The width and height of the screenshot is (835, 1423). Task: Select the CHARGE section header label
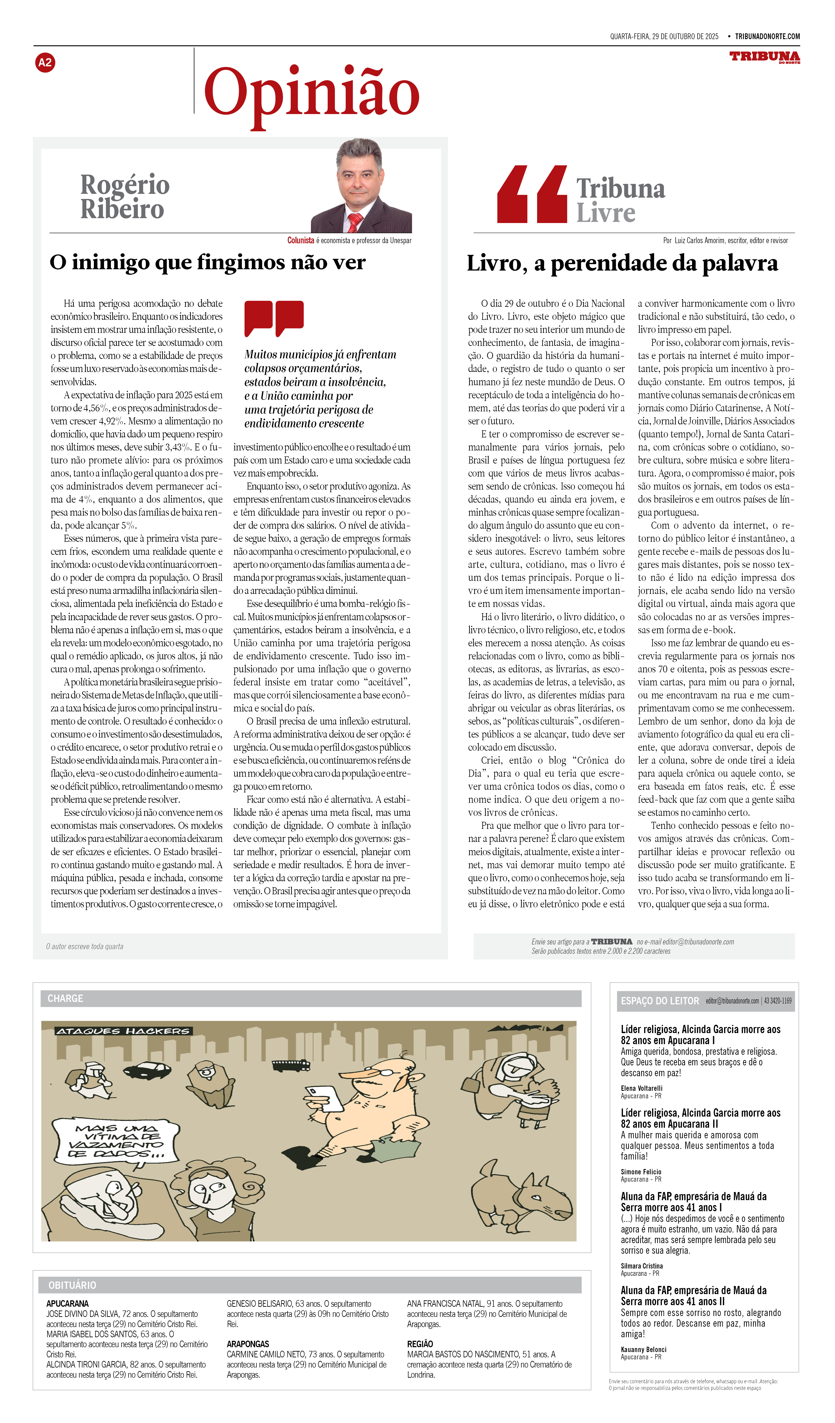click(x=65, y=998)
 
